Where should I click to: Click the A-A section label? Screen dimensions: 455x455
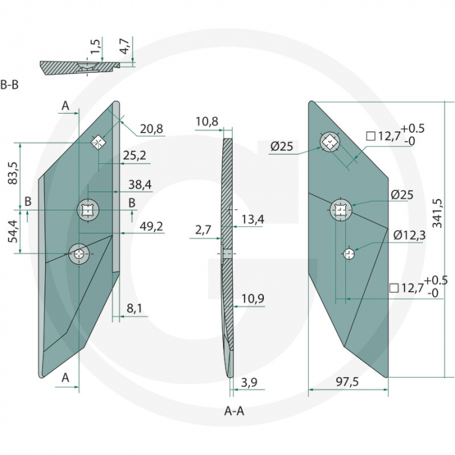click(x=234, y=411)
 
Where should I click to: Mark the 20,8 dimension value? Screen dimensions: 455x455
click(x=151, y=129)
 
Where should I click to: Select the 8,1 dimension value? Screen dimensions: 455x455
click(x=135, y=309)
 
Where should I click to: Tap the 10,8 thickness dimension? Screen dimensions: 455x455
click(x=207, y=122)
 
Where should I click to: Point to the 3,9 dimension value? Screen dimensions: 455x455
click(x=249, y=383)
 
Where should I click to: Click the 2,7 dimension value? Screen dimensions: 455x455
click(x=203, y=229)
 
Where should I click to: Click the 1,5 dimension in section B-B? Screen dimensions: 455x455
click(x=96, y=47)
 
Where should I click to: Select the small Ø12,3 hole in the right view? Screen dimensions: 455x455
click(x=350, y=253)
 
